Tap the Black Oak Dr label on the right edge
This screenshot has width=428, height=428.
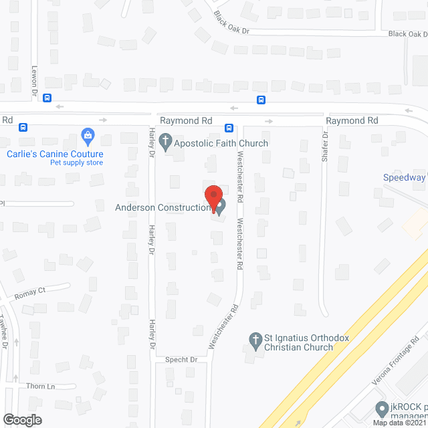(407, 33)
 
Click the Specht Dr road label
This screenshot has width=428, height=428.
(181, 360)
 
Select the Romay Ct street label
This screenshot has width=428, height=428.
(29, 291)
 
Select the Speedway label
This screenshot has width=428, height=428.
(404, 177)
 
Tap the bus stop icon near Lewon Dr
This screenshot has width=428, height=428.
(47, 98)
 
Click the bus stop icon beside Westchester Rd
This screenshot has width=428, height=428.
(228, 128)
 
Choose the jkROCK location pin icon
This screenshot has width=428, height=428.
(382, 408)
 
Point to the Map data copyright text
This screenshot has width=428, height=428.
(400, 423)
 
